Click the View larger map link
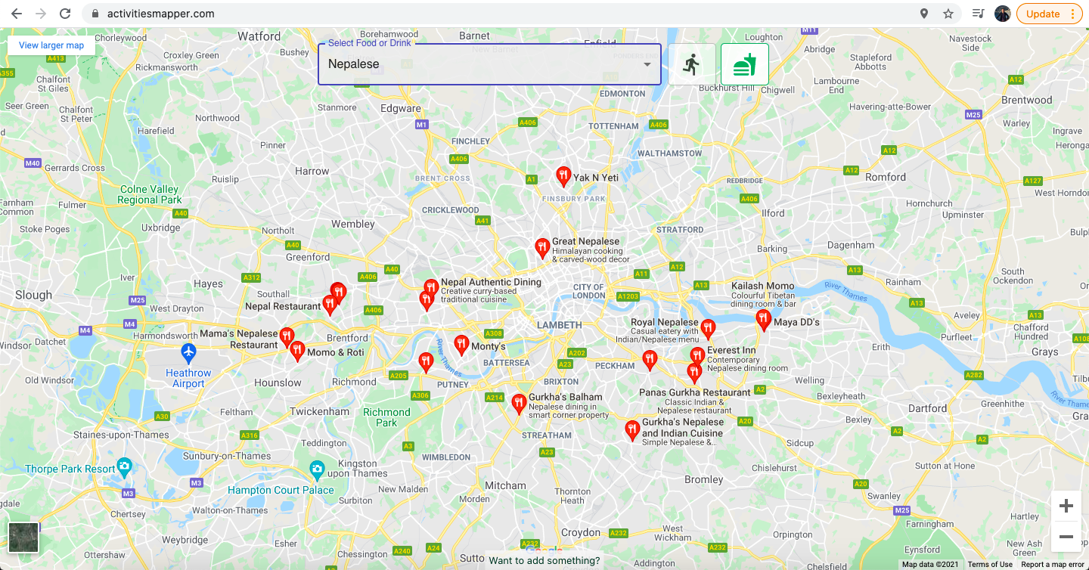pyautogui.click(x=51, y=45)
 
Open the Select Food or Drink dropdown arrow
pyautogui.click(x=647, y=64)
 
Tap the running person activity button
pyautogui.click(x=691, y=64)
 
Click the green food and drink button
pyautogui.click(x=744, y=64)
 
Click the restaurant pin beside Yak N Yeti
pyautogui.click(x=563, y=176)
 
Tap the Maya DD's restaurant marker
pyautogui.click(x=763, y=319)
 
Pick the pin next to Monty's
pyautogui.click(x=461, y=345)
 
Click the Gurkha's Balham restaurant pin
pyautogui.click(x=519, y=403)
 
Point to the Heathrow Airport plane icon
pyautogui.click(x=188, y=352)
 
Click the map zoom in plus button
pyautogui.click(x=1066, y=506)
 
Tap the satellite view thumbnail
pyautogui.click(x=23, y=537)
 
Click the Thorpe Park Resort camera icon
pyautogui.click(x=125, y=466)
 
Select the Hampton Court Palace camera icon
pyautogui.click(x=318, y=470)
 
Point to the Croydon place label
pyautogui.click(x=581, y=532)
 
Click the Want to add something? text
pyautogui.click(x=544, y=561)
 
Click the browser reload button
pyautogui.click(x=65, y=14)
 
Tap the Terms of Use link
pyautogui.click(x=990, y=565)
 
